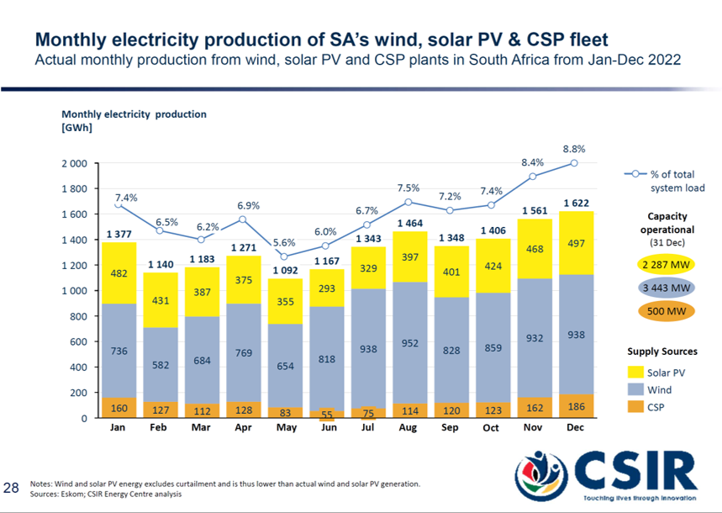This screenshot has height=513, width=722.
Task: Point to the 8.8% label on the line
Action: click(x=574, y=148)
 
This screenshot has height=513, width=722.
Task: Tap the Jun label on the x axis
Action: click(x=329, y=428)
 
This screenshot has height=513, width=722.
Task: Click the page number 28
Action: click(x=12, y=487)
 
